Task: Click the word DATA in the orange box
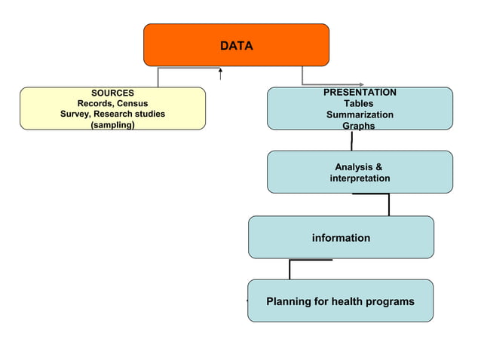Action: point(236,46)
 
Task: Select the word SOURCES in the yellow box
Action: point(112,93)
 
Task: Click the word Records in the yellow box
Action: point(94,103)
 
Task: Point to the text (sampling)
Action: point(112,125)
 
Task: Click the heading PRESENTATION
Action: point(360,92)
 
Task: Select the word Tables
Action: point(358,103)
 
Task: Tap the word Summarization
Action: point(360,114)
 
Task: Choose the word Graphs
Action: point(358,126)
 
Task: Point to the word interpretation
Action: point(360,178)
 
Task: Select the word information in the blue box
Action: point(341,238)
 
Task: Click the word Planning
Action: point(288,302)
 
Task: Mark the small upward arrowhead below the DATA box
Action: point(219,70)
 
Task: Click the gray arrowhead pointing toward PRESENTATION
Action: point(361,84)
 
